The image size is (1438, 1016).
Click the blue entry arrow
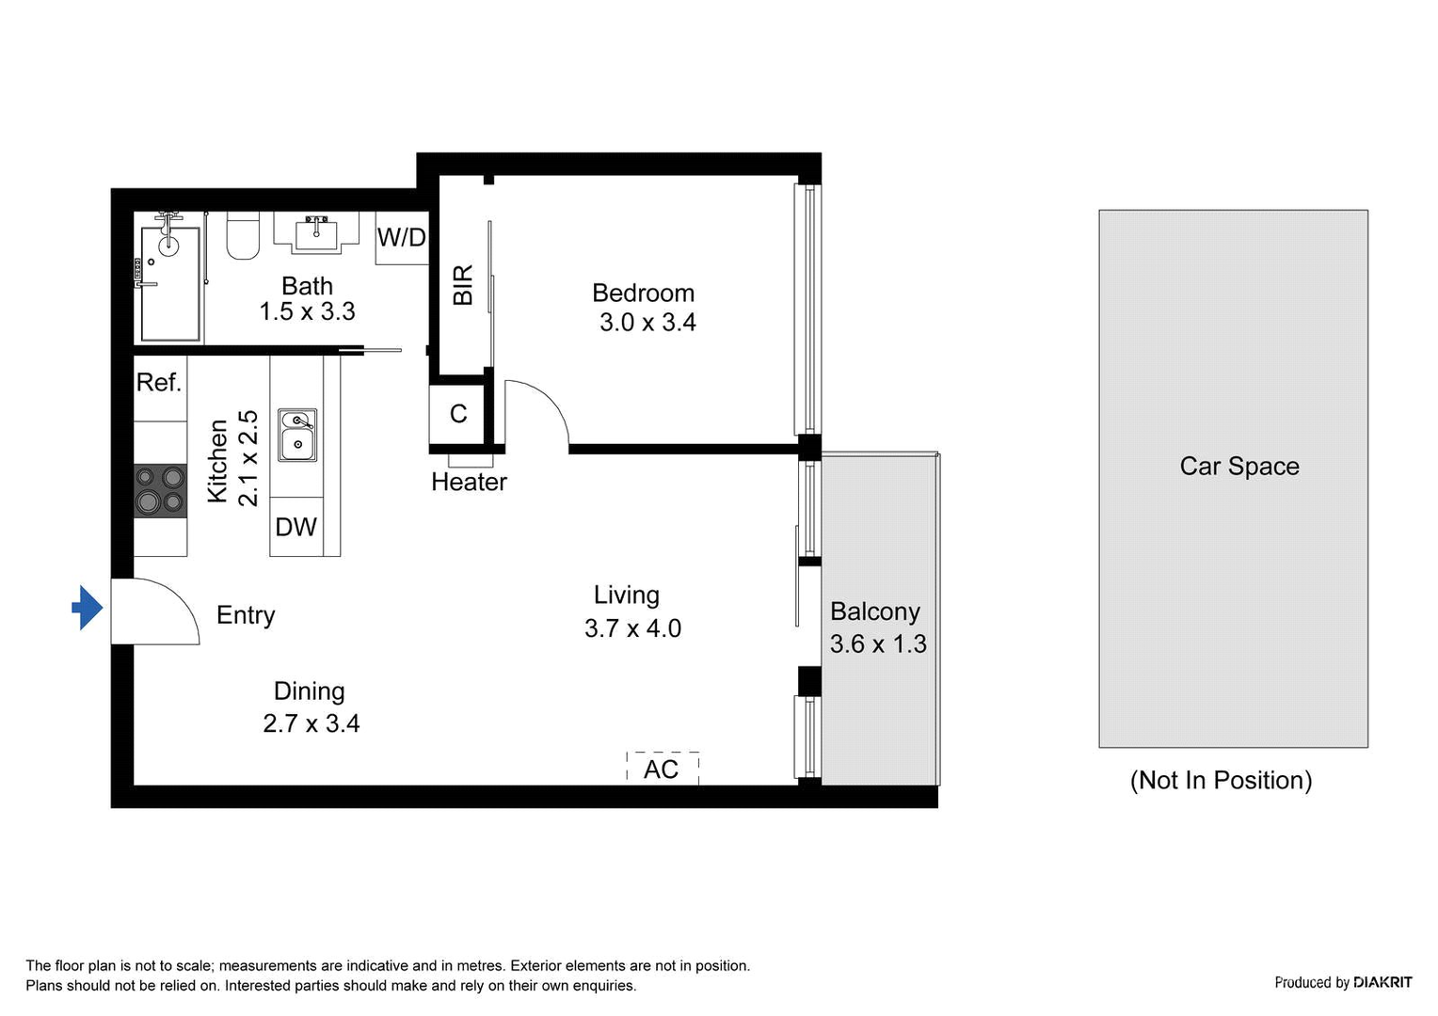(x=88, y=607)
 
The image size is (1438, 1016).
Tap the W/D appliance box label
(x=401, y=237)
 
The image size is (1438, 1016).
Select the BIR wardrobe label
(x=463, y=285)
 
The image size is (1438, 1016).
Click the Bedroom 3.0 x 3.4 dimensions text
(x=647, y=322)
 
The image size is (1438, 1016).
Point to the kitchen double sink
(x=296, y=436)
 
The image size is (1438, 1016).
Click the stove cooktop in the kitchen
(x=161, y=491)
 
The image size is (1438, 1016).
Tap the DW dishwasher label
(x=296, y=527)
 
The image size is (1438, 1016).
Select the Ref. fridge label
(x=158, y=383)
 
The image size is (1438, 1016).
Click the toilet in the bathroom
(x=243, y=235)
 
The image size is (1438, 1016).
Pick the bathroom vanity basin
(x=316, y=232)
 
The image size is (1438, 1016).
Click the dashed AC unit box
(x=663, y=769)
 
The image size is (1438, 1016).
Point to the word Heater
(x=470, y=482)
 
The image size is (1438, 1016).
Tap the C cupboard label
(x=458, y=414)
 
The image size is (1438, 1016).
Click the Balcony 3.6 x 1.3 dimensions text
(x=878, y=643)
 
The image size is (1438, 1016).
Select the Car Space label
(x=1239, y=467)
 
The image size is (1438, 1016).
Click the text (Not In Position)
(x=1221, y=781)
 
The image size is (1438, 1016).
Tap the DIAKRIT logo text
(x=1382, y=982)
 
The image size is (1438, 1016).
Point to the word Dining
(x=310, y=691)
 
